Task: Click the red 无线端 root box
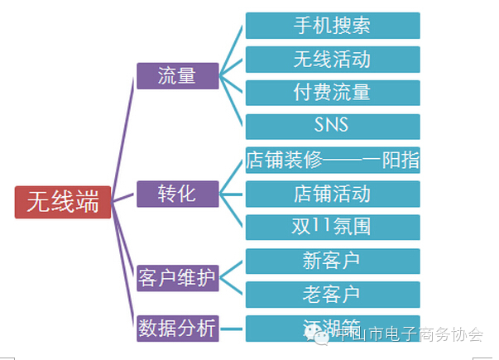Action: click(62, 202)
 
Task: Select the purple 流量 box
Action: click(177, 74)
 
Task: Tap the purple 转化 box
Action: click(177, 194)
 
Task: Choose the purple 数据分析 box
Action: click(177, 328)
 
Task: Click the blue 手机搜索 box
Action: click(332, 26)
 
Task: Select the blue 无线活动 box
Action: click(332, 60)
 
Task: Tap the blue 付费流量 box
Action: click(332, 93)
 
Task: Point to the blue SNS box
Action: click(332, 126)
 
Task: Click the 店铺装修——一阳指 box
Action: click(332, 160)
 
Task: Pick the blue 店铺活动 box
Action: click(332, 194)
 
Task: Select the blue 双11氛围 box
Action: click(332, 227)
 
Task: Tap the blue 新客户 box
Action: click(332, 261)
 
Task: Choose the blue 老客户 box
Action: click(332, 294)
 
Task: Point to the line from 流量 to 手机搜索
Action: click(233, 50)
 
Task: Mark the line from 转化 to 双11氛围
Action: click(233, 211)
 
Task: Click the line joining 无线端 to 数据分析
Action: click(124, 265)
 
